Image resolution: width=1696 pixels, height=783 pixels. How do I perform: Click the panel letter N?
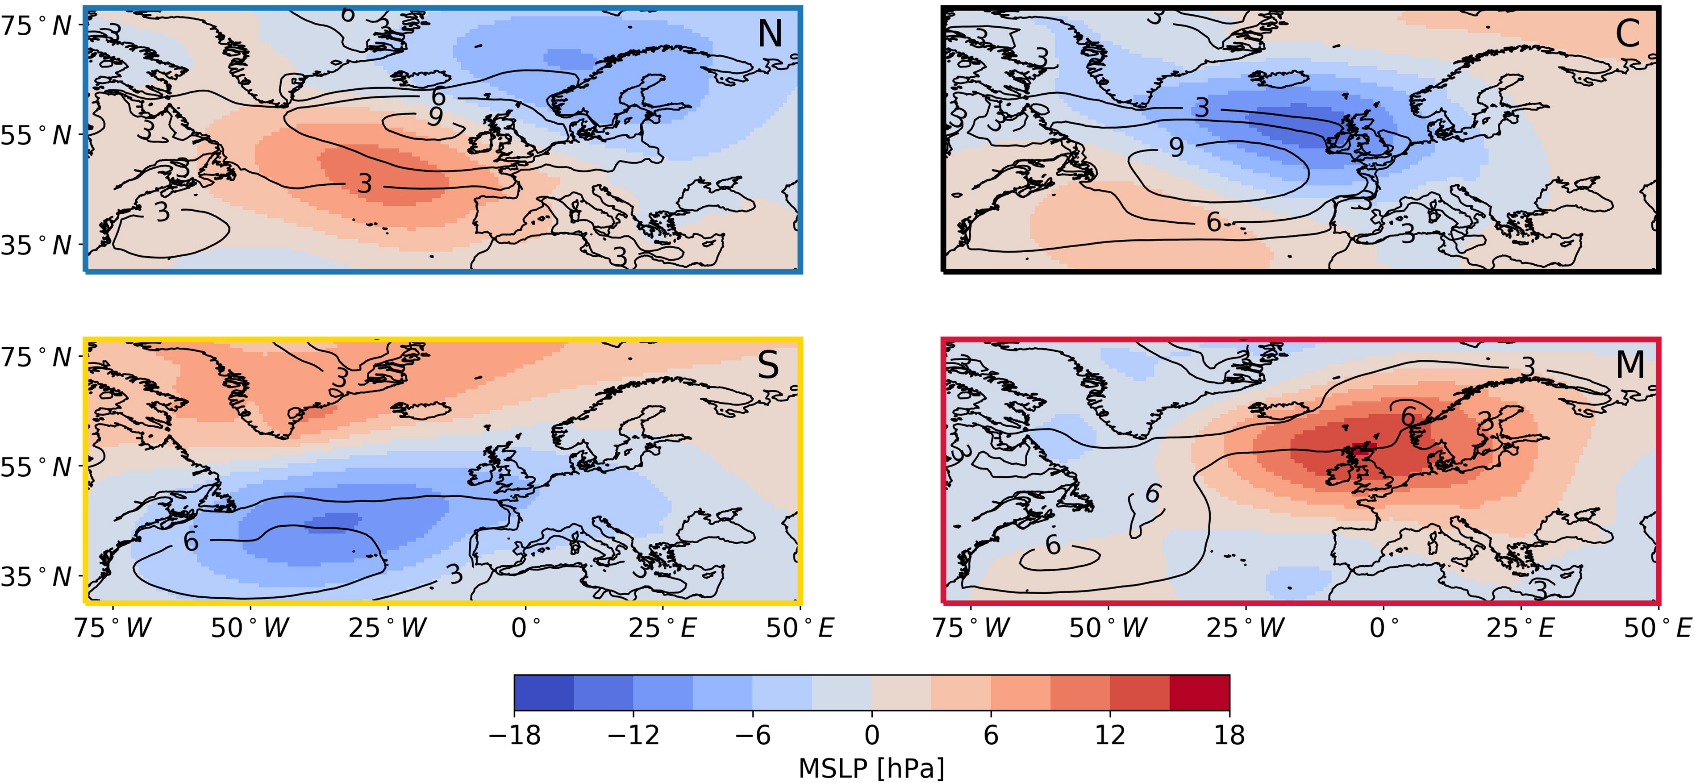coord(770,33)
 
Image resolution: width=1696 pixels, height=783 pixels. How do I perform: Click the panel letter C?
coord(1628,33)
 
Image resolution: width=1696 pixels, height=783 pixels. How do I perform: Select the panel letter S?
coord(768,365)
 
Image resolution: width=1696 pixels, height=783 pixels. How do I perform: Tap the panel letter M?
coord(1630,365)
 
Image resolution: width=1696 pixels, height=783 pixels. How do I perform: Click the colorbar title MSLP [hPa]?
coord(871,768)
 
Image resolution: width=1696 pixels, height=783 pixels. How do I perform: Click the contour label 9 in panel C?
coord(1176,147)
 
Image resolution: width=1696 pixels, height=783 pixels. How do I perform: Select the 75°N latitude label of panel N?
coord(36,26)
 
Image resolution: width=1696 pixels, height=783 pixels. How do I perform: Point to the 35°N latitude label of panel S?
coord(36,577)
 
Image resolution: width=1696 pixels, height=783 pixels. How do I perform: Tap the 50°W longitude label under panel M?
coord(1108,628)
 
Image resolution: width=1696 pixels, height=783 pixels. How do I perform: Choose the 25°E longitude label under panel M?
coord(1520,628)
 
